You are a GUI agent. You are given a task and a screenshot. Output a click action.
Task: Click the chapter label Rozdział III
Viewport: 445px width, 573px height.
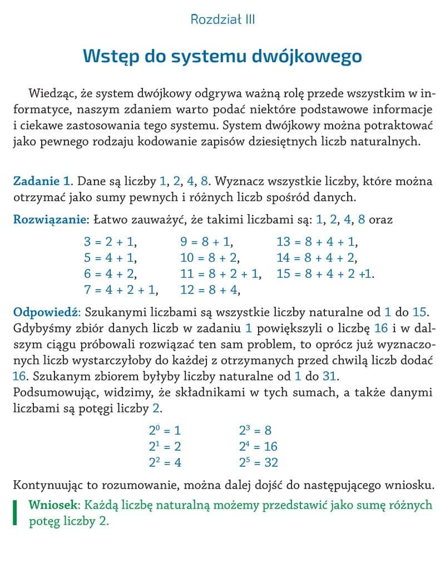pyautogui.click(x=222, y=20)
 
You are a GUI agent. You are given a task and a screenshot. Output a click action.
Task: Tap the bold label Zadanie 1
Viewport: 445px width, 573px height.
pyautogui.click(x=42, y=181)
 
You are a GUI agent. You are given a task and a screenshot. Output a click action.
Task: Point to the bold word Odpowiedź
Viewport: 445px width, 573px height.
pyautogui.click(x=47, y=311)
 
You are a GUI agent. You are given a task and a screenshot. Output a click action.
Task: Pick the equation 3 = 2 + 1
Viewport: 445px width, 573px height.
pyautogui.click(x=110, y=242)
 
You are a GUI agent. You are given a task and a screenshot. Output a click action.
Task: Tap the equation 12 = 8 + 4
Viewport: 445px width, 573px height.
pyautogui.click(x=210, y=290)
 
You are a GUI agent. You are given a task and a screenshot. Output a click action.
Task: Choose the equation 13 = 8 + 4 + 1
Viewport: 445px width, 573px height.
pyautogui.click(x=317, y=242)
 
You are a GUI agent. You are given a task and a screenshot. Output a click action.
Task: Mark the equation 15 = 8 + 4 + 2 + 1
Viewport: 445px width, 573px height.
pyautogui.click(x=325, y=274)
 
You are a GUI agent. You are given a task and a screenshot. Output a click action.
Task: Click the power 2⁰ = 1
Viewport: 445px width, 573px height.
pyautogui.click(x=165, y=430)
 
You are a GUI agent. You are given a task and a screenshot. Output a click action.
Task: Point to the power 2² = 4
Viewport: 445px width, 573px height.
pyautogui.click(x=165, y=462)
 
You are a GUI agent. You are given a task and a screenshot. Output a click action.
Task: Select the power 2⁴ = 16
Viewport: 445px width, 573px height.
pyautogui.click(x=258, y=446)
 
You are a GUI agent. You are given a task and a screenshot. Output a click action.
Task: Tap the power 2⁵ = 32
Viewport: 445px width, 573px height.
pyautogui.click(x=258, y=462)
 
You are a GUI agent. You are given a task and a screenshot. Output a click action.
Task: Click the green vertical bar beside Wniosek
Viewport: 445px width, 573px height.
pyautogui.click(x=16, y=513)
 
